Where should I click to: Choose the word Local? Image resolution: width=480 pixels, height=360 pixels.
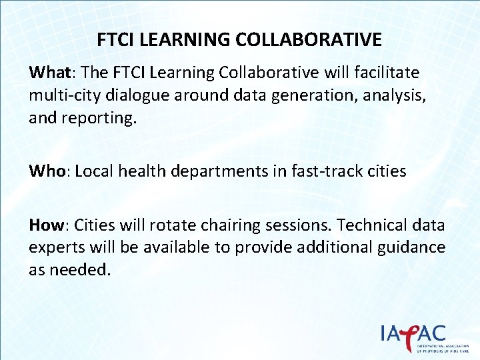point(95,171)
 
